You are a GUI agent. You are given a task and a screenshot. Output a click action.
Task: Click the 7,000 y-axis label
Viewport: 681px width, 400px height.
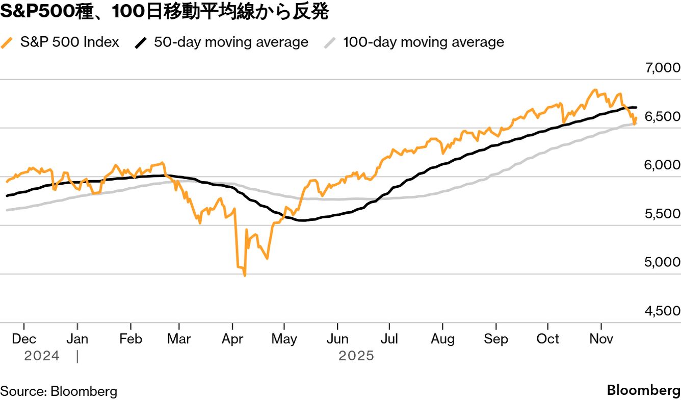point(662,68)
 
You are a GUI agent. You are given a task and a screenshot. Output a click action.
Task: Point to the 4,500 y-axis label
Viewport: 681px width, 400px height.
point(662,311)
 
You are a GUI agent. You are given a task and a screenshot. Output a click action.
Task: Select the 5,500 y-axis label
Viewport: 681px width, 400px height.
point(662,214)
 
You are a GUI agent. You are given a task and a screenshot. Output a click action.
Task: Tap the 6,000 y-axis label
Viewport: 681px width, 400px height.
point(662,165)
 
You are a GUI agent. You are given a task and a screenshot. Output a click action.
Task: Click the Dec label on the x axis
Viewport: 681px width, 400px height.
point(23,339)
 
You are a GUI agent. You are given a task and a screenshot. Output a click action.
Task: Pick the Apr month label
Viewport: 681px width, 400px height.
point(232,339)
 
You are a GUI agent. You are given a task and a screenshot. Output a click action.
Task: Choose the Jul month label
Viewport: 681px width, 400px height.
point(389,339)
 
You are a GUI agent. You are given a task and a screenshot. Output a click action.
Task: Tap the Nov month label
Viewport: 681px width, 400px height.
point(601,339)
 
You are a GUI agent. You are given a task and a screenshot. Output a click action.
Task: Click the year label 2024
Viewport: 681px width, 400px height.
point(42,356)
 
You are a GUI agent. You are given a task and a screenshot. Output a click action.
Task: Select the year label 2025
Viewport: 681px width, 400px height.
point(356,356)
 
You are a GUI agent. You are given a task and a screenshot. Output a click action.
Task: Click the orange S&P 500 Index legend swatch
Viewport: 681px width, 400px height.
point(8,42)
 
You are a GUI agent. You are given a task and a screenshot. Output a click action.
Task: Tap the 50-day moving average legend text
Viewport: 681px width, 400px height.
point(231,42)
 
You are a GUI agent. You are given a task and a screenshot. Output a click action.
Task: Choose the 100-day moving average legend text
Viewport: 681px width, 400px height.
point(423,42)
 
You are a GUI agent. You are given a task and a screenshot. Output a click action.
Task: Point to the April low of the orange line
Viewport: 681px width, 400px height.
point(245,276)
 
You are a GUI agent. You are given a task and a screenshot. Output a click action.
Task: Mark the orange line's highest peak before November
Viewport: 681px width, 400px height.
point(594,90)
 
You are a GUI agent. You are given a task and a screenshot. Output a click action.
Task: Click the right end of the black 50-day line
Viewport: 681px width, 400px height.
point(636,107)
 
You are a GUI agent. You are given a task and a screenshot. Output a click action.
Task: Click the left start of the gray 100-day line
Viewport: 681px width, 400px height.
point(7,210)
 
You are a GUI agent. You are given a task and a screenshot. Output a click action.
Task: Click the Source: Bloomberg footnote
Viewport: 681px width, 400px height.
point(59,391)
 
